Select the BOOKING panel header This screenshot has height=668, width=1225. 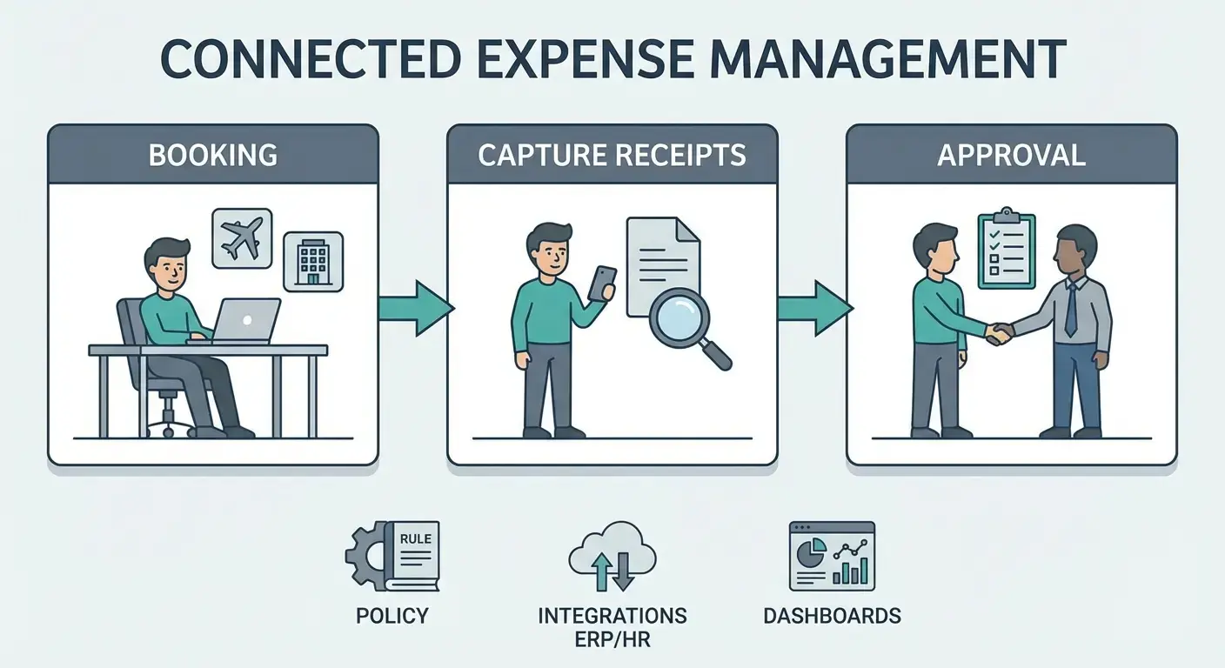click(213, 155)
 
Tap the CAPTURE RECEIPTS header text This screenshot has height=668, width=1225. click(612, 155)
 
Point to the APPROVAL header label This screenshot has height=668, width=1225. click(1011, 155)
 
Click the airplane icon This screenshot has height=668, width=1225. click(242, 237)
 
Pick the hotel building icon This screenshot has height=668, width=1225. click(313, 261)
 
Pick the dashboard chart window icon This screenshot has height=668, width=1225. click(831, 557)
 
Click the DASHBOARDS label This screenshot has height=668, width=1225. click(832, 617)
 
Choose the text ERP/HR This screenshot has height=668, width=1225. click(612, 639)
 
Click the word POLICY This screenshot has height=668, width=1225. click(392, 617)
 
